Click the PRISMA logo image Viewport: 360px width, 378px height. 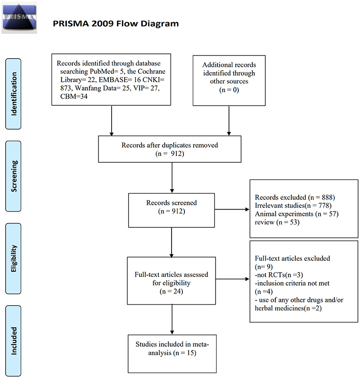coord(19,18)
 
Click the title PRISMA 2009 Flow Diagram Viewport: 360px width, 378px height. coord(116,23)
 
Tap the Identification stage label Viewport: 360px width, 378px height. coord(13,94)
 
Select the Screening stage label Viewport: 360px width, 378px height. coord(13,176)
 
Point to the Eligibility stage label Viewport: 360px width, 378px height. coord(13,258)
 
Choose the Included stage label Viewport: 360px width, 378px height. coord(13,341)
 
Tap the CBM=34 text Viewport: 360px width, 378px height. coord(74,96)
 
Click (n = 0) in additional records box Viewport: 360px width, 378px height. coord(229,90)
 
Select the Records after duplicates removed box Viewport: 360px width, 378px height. coord(170,149)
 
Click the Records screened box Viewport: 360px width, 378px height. coord(172,210)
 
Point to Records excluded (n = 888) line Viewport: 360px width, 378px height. coord(295,197)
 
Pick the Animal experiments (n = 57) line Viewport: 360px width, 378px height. coord(297,214)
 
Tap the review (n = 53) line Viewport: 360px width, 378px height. coord(277,222)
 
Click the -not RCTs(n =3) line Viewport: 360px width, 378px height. coord(279,275)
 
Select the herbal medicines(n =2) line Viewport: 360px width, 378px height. coord(288,308)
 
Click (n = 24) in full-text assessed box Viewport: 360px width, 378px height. coord(171,291)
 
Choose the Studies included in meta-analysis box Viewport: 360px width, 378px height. coord(172,354)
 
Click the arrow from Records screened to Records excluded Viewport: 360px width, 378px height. coord(232,210)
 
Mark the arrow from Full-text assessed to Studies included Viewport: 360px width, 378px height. coord(172,319)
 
